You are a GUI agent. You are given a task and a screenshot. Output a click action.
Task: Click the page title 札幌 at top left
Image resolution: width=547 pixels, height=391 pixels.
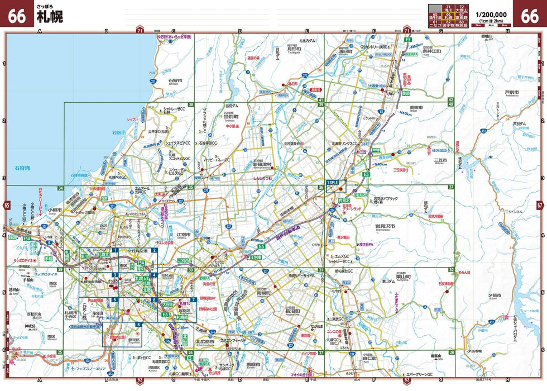click(x=50, y=17)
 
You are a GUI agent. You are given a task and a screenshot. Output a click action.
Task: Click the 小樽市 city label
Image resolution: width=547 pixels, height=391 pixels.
click(x=55, y=210)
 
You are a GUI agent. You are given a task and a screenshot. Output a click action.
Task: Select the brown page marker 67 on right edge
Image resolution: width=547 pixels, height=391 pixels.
click(x=540, y=205)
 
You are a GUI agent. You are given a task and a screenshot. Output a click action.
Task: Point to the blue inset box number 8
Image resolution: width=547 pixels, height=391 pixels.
click(x=138, y=325)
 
